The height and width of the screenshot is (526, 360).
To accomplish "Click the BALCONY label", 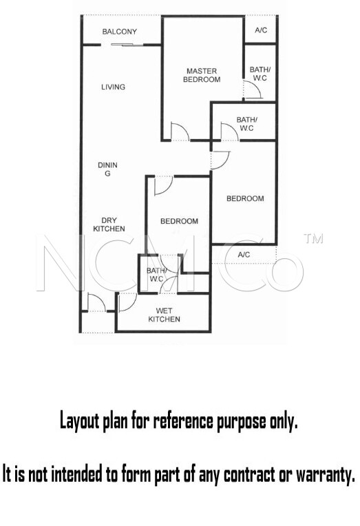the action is [120, 32].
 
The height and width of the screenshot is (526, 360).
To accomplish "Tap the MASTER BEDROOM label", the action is [202, 75].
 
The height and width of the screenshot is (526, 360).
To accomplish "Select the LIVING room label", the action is [114, 87].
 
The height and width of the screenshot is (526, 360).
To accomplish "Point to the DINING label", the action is [107, 169].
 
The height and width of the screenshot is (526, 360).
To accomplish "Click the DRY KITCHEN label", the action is [109, 224].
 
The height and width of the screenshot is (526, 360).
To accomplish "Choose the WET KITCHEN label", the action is [164, 315].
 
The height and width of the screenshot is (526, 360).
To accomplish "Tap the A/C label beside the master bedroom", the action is [261, 30].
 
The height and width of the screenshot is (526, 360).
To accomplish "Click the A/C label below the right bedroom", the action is [244, 255].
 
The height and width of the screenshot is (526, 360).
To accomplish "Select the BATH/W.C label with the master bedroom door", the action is [260, 74].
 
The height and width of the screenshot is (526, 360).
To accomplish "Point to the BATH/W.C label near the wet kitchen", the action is [156, 275].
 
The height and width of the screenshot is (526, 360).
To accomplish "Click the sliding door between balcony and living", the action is [123, 45].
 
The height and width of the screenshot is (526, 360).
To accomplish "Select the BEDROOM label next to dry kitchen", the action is [179, 222].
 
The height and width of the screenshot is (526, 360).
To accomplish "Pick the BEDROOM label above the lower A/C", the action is [245, 198].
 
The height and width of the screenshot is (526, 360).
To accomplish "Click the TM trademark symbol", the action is [313, 238].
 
